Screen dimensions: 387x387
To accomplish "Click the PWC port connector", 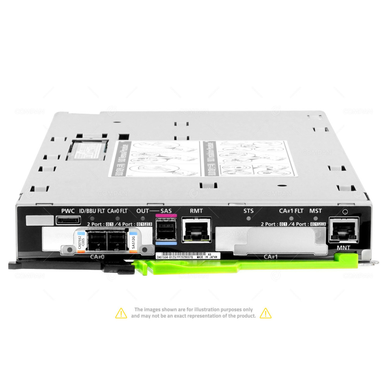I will point(68,221).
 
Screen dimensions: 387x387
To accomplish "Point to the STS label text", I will point(248,211).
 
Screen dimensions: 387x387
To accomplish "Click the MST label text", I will point(315,211).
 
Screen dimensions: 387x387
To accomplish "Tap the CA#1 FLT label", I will point(291,211).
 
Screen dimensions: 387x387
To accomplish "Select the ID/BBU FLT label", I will point(92,211).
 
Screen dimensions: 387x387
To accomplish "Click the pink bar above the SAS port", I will point(166,216).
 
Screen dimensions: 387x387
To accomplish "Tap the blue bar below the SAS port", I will point(166,244).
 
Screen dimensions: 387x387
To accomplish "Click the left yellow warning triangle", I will point(121,313).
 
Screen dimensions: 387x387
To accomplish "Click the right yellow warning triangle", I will point(265,313).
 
